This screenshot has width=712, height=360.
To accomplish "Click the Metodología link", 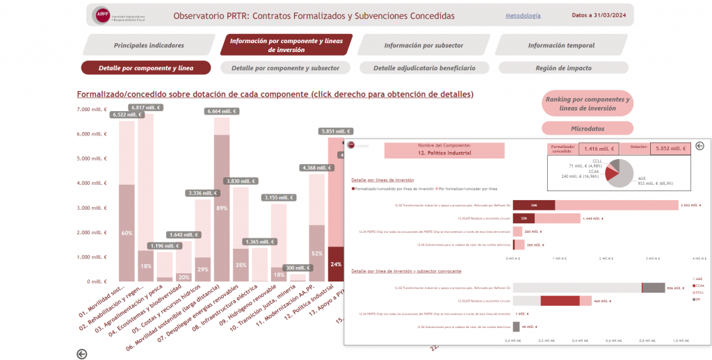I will pos(523,15).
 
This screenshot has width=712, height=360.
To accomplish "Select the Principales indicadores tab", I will pos(149,45).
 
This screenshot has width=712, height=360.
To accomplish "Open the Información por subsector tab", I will pos(423,45).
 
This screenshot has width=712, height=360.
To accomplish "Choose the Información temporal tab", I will pos(561,45).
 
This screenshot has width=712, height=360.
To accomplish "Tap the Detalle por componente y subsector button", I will pos(285,68).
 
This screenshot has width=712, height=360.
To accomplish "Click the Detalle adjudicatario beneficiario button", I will pos(424,68).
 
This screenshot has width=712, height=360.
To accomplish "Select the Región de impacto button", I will pos(564,68).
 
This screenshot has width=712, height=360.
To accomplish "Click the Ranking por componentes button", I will pos(588,104).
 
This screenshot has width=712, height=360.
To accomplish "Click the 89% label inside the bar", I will pos(222,208).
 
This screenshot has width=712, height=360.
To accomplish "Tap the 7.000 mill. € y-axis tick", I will pos(92,110).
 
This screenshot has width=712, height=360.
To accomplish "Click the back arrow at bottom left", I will pos(82,354).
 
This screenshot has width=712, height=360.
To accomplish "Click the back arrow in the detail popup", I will pos(699,146).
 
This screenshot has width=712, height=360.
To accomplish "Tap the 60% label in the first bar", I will pos(127,234).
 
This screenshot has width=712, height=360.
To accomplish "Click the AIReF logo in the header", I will pos(102,15).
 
